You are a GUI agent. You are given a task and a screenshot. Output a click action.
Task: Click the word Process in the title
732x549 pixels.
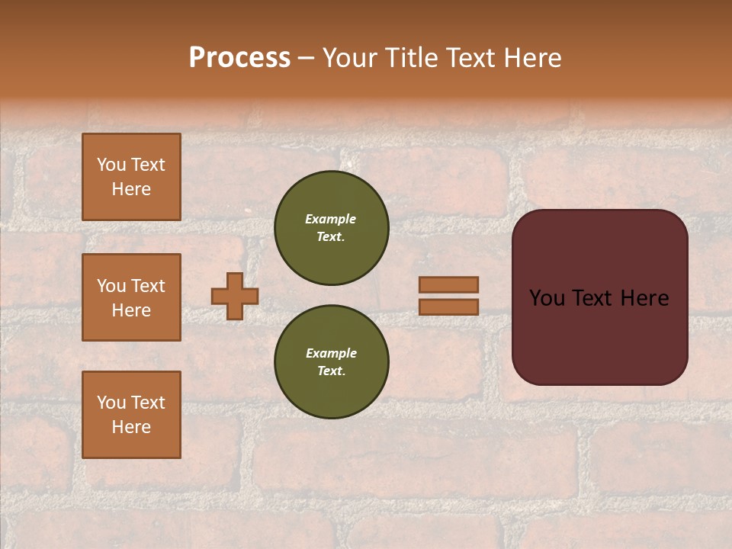point(239,58)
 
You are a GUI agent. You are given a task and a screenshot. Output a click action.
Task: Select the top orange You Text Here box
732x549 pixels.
point(131,177)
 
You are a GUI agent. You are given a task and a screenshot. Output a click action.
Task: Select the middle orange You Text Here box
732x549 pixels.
point(131,297)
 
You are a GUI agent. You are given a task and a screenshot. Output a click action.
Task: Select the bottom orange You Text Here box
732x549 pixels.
point(131,415)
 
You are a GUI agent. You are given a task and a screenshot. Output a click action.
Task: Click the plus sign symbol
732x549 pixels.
point(235,296)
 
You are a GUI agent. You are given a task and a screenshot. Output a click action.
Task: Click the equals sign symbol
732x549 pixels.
point(449,296)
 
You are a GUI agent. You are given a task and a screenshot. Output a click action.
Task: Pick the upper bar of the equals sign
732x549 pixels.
point(449,285)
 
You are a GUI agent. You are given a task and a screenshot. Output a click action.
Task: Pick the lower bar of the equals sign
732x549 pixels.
point(449,307)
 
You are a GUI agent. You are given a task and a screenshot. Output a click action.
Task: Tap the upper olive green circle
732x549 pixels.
point(332,228)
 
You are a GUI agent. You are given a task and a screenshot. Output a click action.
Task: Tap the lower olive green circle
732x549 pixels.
point(332,362)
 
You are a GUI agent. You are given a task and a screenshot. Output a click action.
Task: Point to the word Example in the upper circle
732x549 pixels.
point(331,219)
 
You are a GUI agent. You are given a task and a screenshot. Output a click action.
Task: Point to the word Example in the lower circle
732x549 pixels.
point(331,353)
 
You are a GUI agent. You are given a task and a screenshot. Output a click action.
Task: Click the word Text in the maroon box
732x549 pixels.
point(589,298)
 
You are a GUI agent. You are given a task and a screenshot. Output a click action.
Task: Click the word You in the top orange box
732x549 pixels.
point(111,165)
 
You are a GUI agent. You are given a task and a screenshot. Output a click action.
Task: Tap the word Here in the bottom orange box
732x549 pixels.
point(131,427)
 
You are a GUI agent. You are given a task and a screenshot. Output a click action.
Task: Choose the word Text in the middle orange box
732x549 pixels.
point(148,286)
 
